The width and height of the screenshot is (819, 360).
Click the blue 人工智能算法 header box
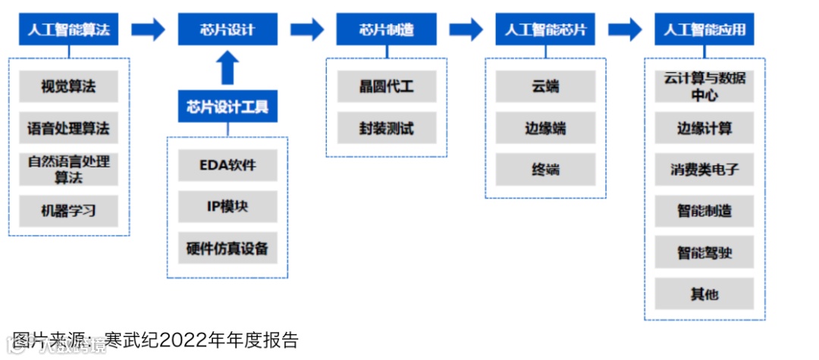68,30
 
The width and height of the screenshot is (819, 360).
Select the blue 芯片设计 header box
227,30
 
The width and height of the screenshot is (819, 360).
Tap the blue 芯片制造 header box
387,30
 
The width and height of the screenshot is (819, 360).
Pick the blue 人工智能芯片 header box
546,30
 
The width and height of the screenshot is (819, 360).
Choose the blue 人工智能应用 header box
704,30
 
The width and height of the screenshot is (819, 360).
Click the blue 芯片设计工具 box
227,106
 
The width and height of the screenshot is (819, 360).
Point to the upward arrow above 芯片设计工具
227,67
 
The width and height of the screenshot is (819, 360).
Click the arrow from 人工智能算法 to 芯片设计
148,30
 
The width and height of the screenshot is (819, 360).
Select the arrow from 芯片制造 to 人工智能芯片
466,30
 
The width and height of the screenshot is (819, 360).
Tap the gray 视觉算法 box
68,86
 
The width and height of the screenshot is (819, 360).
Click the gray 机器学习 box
68,210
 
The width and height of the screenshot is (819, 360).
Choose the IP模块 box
227,206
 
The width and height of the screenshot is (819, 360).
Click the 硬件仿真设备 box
227,248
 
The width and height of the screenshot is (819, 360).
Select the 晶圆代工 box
387,86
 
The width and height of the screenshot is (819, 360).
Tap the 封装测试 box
387,127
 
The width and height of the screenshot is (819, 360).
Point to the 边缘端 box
546,127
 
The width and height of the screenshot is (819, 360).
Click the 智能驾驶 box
704,252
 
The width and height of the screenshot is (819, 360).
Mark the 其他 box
704,293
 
